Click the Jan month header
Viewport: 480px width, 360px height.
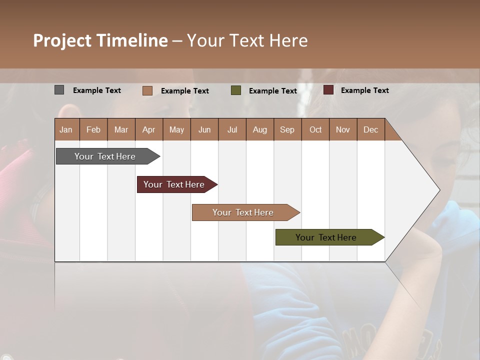click(x=66, y=129)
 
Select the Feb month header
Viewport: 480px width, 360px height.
click(x=93, y=129)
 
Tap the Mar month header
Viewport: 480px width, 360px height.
click(x=121, y=129)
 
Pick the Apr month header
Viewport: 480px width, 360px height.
click(x=148, y=129)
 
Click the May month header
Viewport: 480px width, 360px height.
click(x=176, y=129)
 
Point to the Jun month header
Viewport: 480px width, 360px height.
click(x=204, y=129)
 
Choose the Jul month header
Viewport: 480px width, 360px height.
click(x=232, y=129)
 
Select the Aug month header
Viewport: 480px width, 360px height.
click(x=259, y=129)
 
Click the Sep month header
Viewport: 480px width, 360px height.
click(x=287, y=129)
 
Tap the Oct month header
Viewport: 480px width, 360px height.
click(x=315, y=129)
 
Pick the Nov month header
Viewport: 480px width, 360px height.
click(x=343, y=129)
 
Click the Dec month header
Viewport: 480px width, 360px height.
click(x=370, y=129)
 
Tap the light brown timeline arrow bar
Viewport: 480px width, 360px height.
click(x=243, y=212)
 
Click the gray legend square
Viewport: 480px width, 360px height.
click(x=59, y=90)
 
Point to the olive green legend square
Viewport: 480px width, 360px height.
click(x=236, y=90)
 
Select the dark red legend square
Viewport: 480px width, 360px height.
click(x=328, y=90)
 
